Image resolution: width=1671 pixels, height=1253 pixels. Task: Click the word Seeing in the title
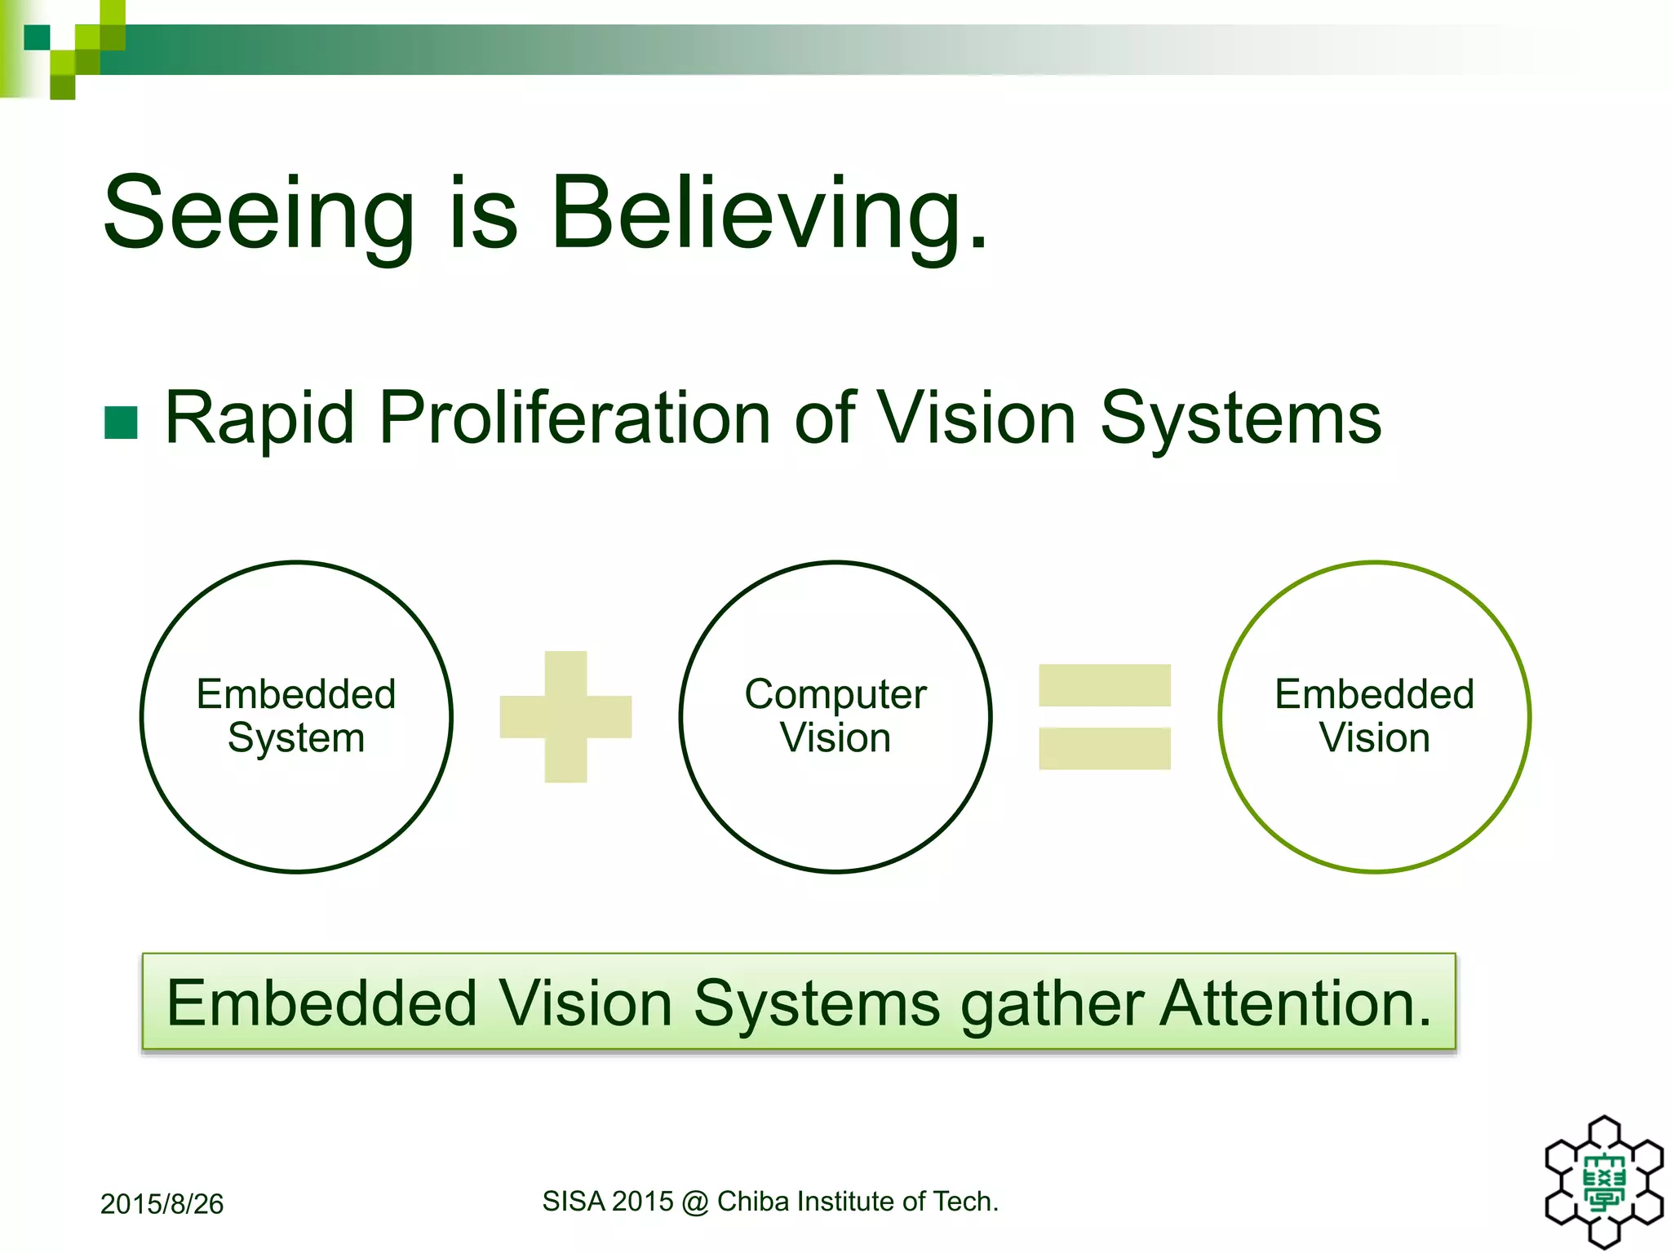[259, 214]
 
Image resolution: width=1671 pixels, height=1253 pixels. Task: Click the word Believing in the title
[769, 214]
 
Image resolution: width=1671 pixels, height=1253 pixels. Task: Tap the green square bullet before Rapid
[121, 423]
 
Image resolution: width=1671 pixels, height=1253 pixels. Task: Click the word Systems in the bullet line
[1240, 418]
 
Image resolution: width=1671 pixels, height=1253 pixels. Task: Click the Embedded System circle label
[296, 716]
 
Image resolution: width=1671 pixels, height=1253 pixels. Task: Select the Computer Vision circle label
[835, 716]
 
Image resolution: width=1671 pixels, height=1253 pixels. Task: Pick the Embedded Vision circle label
[1375, 716]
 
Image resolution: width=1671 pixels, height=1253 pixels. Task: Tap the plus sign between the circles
[565, 717]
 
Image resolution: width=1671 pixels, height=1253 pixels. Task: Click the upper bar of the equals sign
[1105, 685]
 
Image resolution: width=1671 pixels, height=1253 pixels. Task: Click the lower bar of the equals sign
[1105, 749]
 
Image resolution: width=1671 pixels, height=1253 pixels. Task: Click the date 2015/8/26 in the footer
[162, 1204]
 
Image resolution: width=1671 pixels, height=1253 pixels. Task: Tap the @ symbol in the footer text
[695, 1202]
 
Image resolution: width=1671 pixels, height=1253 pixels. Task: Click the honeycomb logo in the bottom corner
[1604, 1181]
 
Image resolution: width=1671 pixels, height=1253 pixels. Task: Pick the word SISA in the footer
[574, 1202]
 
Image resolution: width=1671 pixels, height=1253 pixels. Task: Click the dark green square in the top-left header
[37, 38]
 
